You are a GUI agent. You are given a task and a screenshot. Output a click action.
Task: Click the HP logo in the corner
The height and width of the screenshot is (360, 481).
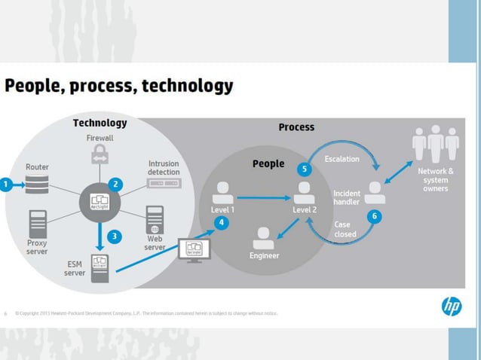(451, 307)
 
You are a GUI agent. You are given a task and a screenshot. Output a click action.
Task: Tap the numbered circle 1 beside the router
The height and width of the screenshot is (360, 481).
(5, 184)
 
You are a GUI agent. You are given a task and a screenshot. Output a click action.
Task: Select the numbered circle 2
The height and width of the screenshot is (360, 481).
(115, 184)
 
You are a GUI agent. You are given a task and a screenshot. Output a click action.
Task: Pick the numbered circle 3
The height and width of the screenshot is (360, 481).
(114, 236)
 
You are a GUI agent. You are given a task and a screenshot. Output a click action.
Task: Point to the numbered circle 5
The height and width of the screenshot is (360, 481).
(304, 169)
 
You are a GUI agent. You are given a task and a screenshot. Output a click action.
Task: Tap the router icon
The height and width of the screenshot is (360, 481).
(36, 184)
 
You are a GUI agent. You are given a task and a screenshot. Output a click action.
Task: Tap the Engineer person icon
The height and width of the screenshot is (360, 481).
(264, 238)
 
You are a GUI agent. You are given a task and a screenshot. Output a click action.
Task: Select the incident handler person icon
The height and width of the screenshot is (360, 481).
(375, 192)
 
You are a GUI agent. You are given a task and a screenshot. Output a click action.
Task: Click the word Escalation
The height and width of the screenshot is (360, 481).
(342, 159)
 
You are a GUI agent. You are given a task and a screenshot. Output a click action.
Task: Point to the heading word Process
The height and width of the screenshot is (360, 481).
(296, 127)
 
